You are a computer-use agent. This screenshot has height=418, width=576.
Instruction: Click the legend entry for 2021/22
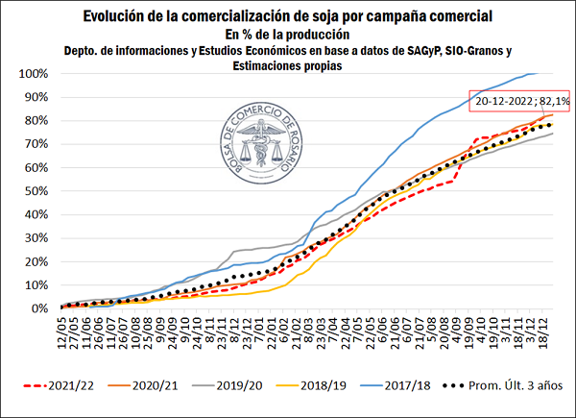(x=95, y=386)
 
